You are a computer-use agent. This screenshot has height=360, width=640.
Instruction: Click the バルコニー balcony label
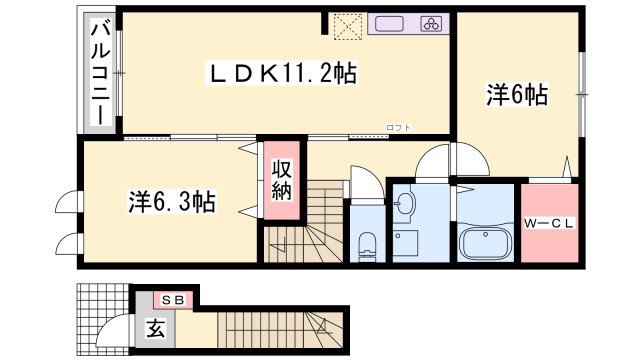pos(100,72)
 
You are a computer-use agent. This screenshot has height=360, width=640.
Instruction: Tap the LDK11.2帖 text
pos(282,72)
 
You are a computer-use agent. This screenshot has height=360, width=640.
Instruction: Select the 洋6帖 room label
pos(517,95)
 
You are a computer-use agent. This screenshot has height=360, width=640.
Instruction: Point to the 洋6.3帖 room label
pos(171,201)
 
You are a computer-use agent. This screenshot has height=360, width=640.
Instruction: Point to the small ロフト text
pos(400,127)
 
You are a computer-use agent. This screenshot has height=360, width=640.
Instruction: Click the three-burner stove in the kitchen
pos(431,25)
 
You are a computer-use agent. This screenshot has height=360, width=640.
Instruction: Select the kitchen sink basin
pos(389,25)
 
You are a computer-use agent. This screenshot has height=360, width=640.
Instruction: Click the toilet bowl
pos(366,242)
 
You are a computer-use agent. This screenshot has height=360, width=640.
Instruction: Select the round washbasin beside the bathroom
pos(406,206)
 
